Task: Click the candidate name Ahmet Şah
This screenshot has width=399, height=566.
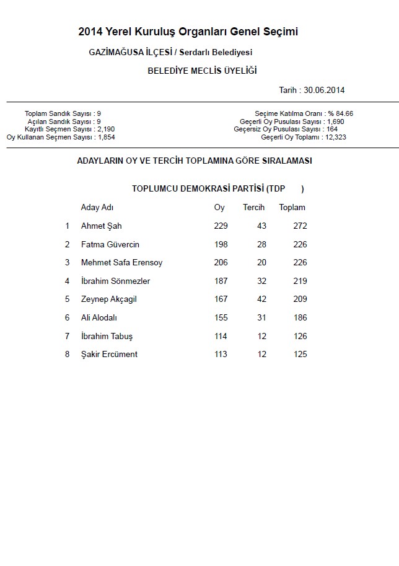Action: (101, 226)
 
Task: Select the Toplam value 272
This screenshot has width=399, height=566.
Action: (300, 226)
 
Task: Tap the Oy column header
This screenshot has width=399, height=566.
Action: (219, 208)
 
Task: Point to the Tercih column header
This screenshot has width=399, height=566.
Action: (253, 208)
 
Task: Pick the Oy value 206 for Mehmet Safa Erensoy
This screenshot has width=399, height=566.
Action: (221, 263)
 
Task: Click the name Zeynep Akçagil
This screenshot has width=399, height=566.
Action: (108, 299)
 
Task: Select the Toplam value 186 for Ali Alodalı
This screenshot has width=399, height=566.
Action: (300, 318)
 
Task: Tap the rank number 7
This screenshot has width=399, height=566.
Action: (68, 337)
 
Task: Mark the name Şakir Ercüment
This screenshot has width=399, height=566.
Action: (109, 355)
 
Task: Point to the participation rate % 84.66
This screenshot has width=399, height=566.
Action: (341, 114)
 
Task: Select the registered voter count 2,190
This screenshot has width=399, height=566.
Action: (106, 129)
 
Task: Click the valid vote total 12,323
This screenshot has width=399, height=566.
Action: (335, 137)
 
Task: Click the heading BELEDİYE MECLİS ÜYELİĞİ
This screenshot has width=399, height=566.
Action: (202, 71)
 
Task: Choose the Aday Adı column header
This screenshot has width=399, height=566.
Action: (97, 208)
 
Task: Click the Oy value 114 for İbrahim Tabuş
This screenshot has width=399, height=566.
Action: (221, 337)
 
